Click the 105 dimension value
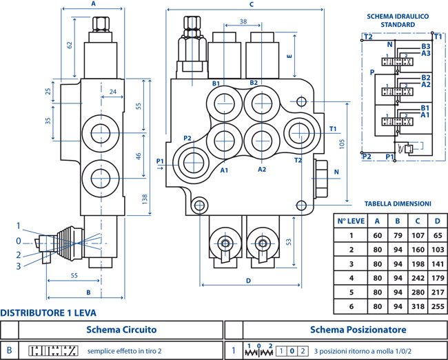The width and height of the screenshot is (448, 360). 342,144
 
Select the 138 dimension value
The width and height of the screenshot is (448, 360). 145,199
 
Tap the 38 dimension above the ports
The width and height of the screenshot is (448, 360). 243,21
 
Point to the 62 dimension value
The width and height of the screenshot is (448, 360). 70,45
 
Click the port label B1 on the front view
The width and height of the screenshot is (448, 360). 216,83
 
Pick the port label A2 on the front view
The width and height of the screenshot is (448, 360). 262,170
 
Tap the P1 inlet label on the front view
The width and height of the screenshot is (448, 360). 160,161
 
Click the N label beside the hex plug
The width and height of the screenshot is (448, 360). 336,172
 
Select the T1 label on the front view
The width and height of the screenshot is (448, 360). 333,129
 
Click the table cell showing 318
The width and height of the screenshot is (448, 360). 418,306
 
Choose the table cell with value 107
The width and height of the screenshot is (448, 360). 418,235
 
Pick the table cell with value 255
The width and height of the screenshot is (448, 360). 438,306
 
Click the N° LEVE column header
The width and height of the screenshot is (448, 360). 351,221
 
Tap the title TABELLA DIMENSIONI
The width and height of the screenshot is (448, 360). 398,204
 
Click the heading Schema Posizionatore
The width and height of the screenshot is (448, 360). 358,330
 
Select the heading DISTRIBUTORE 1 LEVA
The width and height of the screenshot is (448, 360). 48,313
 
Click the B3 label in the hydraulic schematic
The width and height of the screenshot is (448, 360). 426,46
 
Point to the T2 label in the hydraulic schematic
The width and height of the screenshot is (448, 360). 368,37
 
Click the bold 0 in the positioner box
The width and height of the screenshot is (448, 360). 292,351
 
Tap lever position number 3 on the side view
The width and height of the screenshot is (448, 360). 19,266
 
